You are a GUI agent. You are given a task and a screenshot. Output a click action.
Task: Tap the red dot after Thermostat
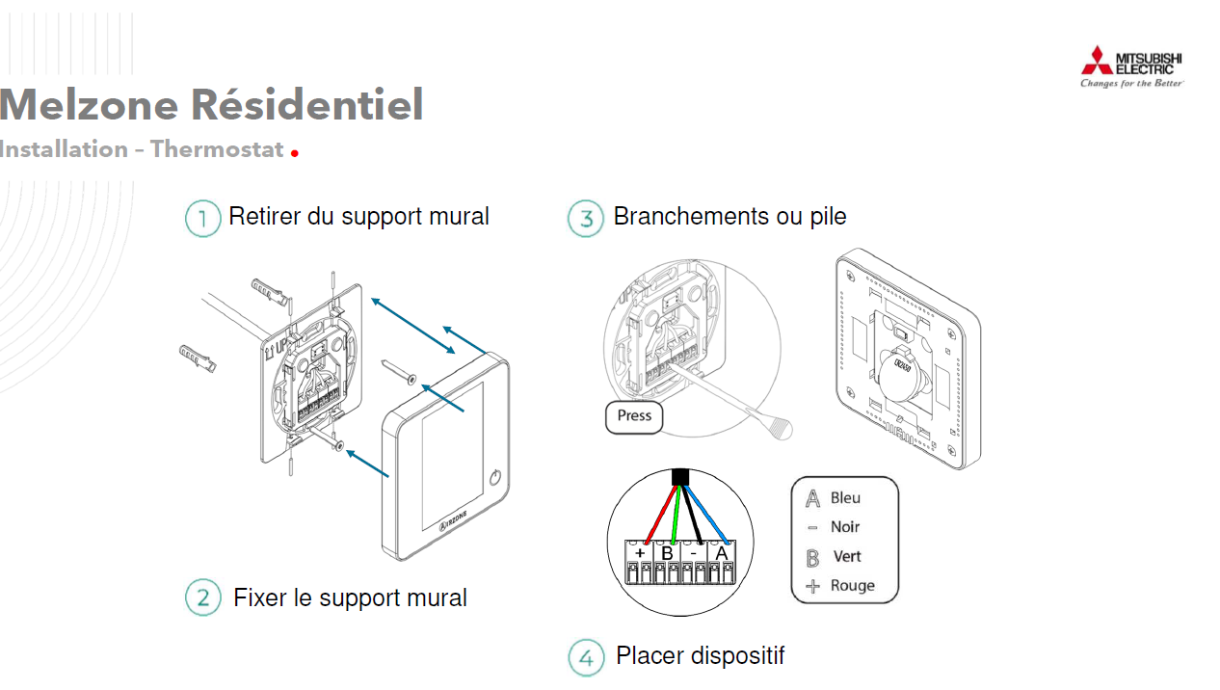coord(294,152)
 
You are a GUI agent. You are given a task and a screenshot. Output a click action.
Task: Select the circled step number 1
coord(202,218)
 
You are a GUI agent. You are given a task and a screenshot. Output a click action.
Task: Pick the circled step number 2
coord(202,598)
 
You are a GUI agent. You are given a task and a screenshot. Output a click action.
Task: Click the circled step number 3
coord(585,218)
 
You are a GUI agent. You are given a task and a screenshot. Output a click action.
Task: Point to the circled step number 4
coord(585,657)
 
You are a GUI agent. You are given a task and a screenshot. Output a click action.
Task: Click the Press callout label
coord(634,416)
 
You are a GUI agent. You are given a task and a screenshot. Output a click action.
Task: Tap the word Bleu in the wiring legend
coord(845,498)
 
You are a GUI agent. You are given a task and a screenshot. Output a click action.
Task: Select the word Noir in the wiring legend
coord(845,527)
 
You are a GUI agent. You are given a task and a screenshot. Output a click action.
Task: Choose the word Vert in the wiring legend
coord(847,556)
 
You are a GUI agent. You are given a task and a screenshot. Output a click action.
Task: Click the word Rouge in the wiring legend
coord(852,585)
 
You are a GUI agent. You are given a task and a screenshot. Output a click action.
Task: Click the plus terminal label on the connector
coord(640,553)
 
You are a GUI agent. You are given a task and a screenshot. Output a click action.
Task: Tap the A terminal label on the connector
coord(721,553)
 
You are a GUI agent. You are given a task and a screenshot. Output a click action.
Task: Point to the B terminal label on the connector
coord(667,553)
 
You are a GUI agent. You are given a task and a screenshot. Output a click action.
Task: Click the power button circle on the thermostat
coord(495,478)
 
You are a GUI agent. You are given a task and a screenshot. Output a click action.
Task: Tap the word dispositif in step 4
coord(737,656)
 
